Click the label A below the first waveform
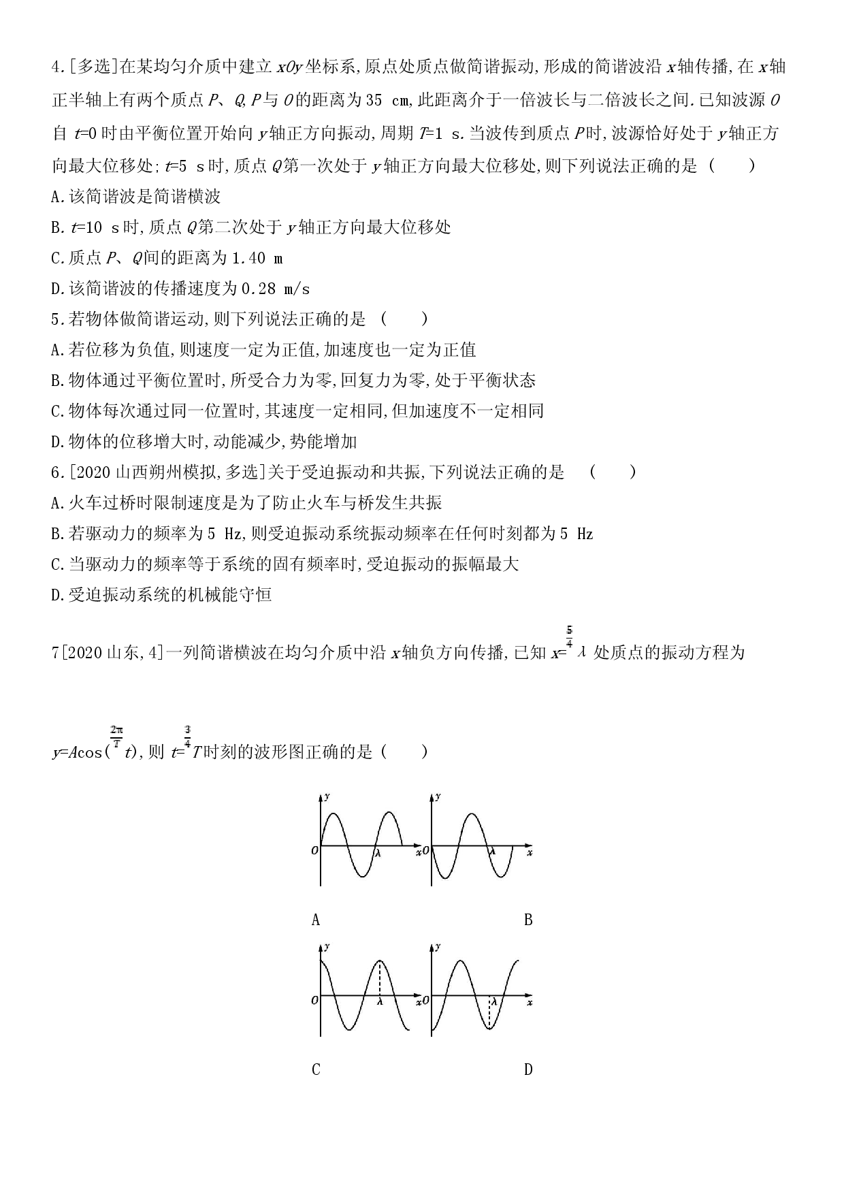click(315, 920)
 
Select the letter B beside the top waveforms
click(528, 920)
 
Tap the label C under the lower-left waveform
click(315, 1070)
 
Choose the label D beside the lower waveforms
click(528, 1070)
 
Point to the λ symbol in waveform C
click(380, 1002)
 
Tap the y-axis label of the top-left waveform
click(329, 796)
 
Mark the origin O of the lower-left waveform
click(314, 1000)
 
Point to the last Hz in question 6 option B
click(585, 534)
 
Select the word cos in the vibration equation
click(86, 752)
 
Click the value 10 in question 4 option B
click(94, 227)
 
